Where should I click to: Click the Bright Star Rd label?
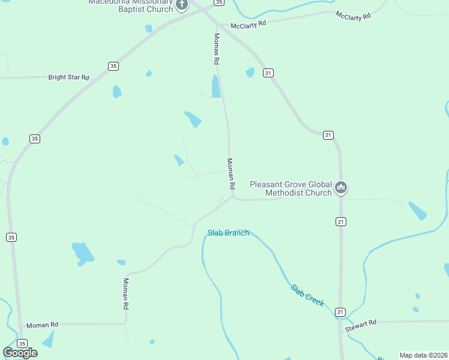pyautogui.click(x=68, y=77)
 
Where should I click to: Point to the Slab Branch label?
pyautogui.click(x=228, y=233)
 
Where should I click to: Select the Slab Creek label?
pyautogui.click(x=308, y=295)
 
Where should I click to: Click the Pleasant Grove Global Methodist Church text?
pyautogui.click(x=291, y=188)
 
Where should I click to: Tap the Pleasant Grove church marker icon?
pyautogui.click(x=341, y=188)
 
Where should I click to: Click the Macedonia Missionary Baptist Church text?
pyautogui.click(x=130, y=5)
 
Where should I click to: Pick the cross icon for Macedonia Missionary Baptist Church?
pyautogui.click(x=182, y=5)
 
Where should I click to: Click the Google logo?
pyautogui.click(x=20, y=353)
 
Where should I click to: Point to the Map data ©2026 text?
pyautogui.click(x=423, y=355)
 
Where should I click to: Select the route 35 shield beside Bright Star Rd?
pyautogui.click(x=113, y=66)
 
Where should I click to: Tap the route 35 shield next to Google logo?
pyautogui.click(x=22, y=344)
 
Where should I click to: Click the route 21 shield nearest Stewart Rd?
pyautogui.click(x=340, y=312)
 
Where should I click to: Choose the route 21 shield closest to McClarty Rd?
pyautogui.click(x=268, y=73)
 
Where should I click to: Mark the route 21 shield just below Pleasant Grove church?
pyautogui.click(x=340, y=222)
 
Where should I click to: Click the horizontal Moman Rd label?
pyautogui.click(x=41, y=325)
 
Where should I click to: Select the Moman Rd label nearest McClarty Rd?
pyautogui.click(x=216, y=49)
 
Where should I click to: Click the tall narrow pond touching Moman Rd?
pyautogui.click(x=216, y=86)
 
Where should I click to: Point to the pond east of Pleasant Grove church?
pyautogui.click(x=417, y=211)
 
